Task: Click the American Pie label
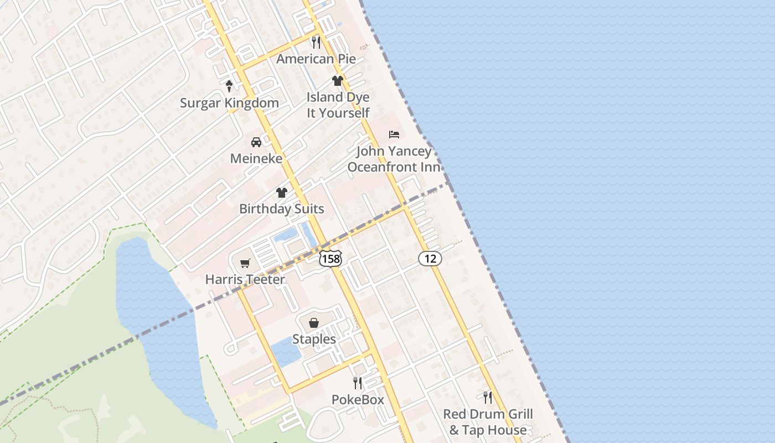click(x=316, y=59)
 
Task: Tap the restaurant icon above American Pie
click(x=316, y=42)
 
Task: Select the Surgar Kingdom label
click(x=229, y=103)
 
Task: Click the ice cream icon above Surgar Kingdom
click(x=229, y=86)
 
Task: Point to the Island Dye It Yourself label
click(x=338, y=105)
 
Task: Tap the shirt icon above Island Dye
click(x=338, y=81)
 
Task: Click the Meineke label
click(x=256, y=158)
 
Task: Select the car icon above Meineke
click(x=256, y=142)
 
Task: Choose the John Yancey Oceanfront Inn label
click(x=394, y=159)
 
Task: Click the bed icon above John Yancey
click(x=394, y=135)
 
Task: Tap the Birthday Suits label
click(x=282, y=209)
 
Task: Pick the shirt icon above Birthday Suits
click(x=282, y=193)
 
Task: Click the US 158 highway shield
click(x=330, y=258)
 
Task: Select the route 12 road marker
click(x=430, y=257)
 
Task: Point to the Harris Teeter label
click(x=245, y=280)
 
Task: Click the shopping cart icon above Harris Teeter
click(x=245, y=263)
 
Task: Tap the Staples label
click(x=314, y=339)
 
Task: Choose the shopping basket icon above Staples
click(x=314, y=323)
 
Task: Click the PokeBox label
click(x=358, y=399)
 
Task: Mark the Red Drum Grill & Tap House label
click(x=488, y=422)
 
